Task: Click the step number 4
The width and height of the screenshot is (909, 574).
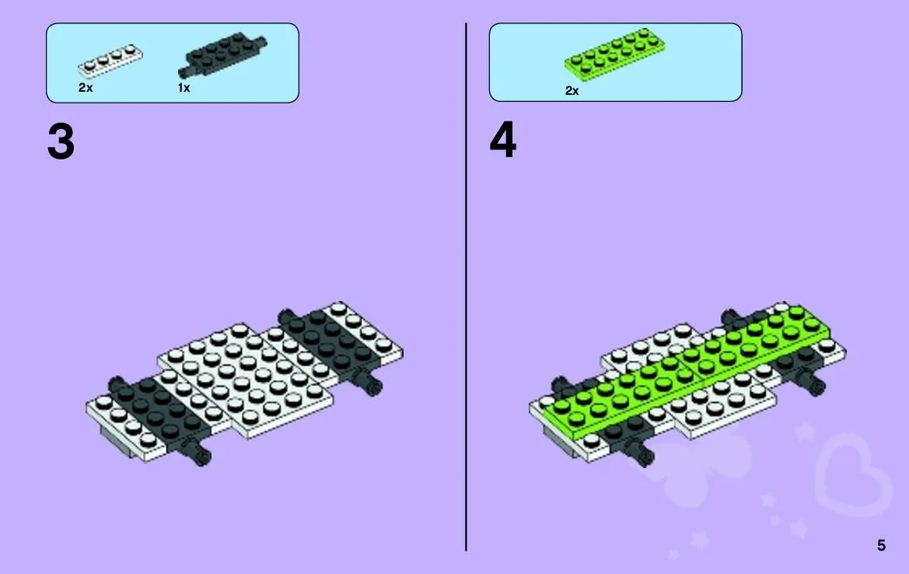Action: [502, 140]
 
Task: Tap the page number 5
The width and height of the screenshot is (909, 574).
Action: [881, 545]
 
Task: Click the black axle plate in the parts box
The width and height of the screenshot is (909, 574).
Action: [222, 54]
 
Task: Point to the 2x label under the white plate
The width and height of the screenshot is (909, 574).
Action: [86, 88]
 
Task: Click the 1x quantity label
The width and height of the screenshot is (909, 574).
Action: [184, 88]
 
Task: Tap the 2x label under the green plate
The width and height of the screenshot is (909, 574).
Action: [572, 90]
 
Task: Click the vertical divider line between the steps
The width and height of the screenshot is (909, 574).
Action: [466, 287]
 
